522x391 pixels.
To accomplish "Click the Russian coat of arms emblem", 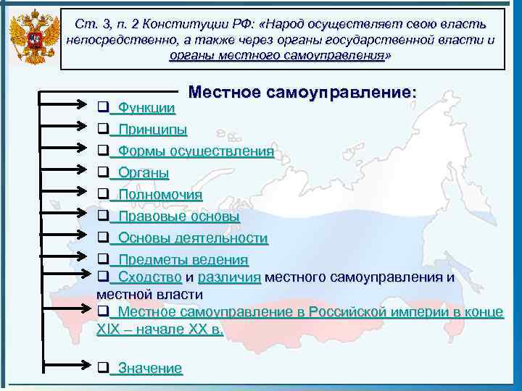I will (x=32, y=39).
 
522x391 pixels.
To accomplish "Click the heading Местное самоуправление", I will (x=302, y=93).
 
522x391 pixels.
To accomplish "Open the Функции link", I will (x=146, y=109).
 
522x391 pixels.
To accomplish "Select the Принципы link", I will (x=152, y=130).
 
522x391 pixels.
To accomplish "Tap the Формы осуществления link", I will (x=195, y=151).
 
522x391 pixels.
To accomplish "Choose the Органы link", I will (x=144, y=173).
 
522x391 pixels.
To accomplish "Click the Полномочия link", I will (x=160, y=195).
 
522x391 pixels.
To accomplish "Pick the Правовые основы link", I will (x=178, y=216).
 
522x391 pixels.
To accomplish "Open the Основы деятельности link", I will (x=193, y=238).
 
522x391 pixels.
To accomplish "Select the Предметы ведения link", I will (x=183, y=260).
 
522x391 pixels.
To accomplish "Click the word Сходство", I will (x=149, y=277).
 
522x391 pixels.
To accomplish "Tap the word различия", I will (x=229, y=277).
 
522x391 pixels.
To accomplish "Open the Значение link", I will (x=150, y=369).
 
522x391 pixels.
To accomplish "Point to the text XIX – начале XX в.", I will (x=159, y=328).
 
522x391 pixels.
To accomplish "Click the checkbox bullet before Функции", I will (x=102, y=108).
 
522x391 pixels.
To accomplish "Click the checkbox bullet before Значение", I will (x=102, y=368).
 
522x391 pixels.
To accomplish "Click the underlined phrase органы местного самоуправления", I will (x=276, y=55).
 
